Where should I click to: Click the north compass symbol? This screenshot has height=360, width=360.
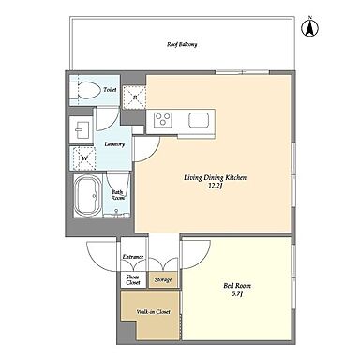pos(310,26)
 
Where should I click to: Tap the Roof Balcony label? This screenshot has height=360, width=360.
pos(182,44)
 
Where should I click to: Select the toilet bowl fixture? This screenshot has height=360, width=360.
pos(85,90)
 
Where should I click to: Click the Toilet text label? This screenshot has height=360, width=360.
pos(110,90)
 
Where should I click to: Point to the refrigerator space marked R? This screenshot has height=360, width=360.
pos(134,97)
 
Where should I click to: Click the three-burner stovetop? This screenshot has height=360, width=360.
pos(163,119)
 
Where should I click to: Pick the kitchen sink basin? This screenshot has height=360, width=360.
pos(199,119)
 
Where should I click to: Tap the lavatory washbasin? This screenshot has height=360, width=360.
pos(82,129)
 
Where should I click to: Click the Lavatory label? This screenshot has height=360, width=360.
pos(114,144)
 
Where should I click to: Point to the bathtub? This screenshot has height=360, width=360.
pos(88,196)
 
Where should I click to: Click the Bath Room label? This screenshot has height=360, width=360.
pos(118,195)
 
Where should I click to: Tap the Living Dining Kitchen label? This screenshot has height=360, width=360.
pos(216,178)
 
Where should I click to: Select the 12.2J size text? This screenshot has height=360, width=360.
pos(216,186)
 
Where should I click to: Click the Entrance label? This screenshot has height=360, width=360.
pos(133,257)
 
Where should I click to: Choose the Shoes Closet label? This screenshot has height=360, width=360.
pos(133,279)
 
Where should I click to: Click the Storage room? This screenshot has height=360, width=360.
pos(163,279)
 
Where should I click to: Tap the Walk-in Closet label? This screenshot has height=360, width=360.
pos(154,312)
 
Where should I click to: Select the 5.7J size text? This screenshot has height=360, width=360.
pos(237,293)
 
